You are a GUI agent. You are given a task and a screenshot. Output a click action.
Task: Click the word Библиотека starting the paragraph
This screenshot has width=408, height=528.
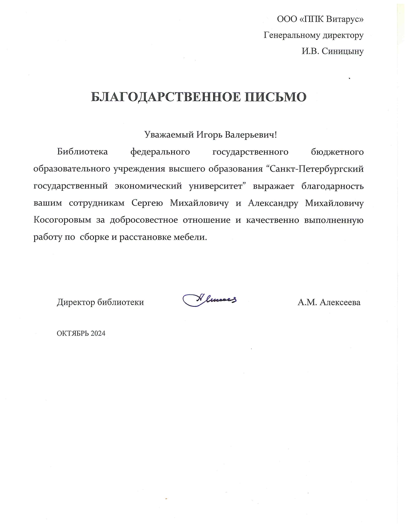82,152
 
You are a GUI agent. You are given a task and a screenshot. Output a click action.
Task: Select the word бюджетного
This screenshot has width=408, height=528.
337,152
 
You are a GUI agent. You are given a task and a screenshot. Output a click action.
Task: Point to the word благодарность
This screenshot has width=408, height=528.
332,186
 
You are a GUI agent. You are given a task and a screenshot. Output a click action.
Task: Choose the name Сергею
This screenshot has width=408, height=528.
147,203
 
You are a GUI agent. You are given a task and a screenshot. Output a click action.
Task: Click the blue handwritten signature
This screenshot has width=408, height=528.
210,300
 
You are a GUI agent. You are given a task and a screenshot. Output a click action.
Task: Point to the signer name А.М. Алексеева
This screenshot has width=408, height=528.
329,302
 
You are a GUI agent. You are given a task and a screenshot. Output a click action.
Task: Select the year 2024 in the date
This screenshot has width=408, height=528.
98,333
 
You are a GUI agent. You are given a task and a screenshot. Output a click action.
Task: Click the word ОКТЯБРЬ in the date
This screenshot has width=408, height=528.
73,333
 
